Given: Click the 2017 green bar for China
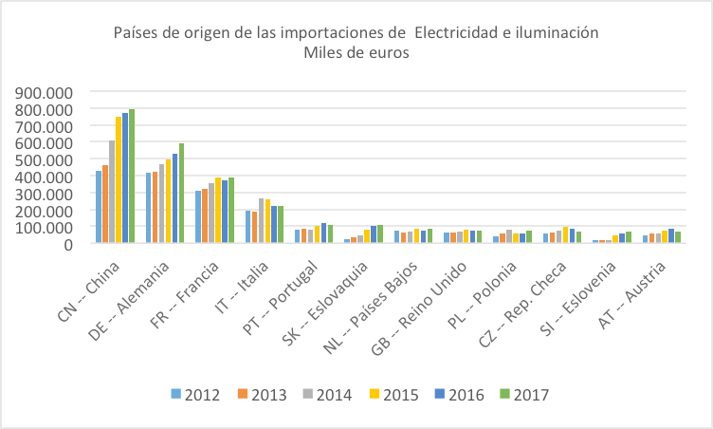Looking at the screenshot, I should [132, 177].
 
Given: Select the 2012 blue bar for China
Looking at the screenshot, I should [99, 207].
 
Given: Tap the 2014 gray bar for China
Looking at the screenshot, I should [112, 192].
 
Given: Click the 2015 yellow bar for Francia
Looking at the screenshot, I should [218, 211].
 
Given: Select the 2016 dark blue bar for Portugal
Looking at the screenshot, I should [323, 233].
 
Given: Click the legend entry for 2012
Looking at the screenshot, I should [195, 394].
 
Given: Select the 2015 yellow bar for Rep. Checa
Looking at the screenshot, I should [566, 235].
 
